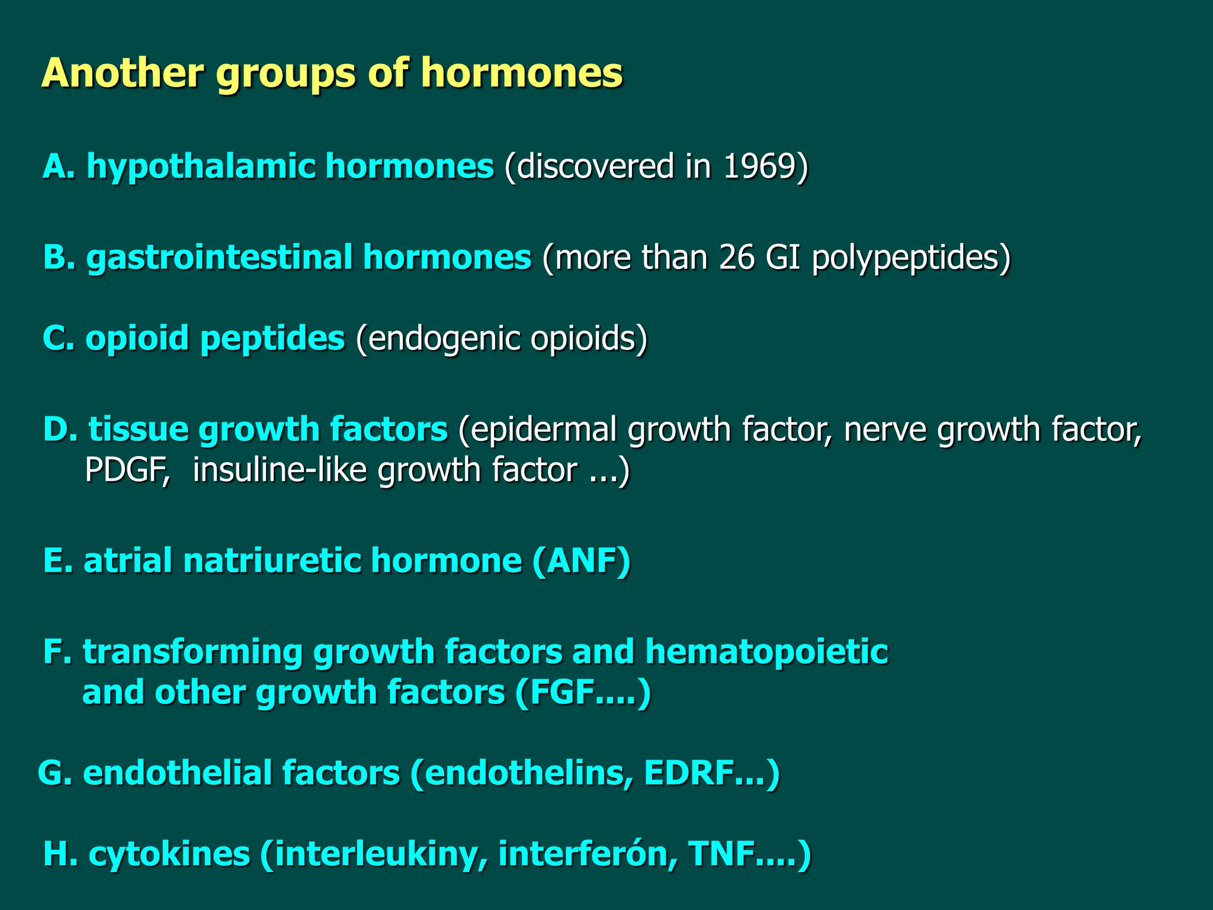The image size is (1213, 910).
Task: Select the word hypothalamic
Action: (201, 167)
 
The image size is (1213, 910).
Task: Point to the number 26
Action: (737, 258)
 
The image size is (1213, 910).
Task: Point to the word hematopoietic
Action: (766, 652)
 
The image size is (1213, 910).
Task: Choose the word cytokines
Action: (169, 854)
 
